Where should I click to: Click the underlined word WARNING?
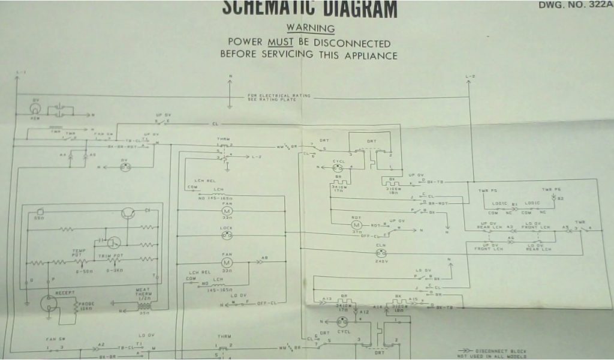coord(310,28)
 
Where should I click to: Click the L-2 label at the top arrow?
coord(470,76)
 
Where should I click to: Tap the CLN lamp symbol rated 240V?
coord(380,252)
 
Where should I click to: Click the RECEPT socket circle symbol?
coord(49,305)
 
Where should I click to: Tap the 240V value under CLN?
coord(380,262)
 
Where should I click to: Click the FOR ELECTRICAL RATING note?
coord(273,97)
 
